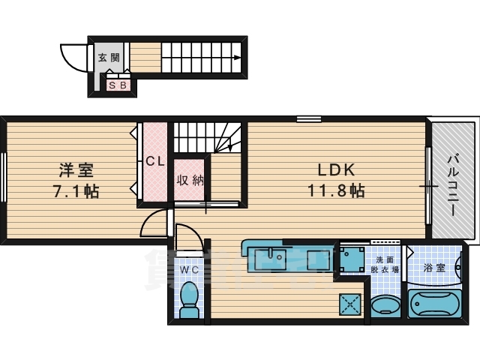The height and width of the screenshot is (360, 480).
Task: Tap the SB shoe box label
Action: (x=118, y=85)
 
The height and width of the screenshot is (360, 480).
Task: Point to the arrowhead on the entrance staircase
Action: (x=237, y=57)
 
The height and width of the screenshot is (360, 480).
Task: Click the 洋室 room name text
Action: (x=68, y=170)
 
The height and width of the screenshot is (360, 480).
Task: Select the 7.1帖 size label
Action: (x=74, y=190)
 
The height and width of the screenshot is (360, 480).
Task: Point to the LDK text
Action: (x=335, y=169)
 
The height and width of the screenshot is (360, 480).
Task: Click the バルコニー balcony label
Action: (x=453, y=184)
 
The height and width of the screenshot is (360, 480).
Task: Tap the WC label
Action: (x=188, y=268)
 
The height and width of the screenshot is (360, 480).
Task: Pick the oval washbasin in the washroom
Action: (x=385, y=305)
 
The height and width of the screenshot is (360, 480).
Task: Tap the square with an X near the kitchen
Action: (x=350, y=304)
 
